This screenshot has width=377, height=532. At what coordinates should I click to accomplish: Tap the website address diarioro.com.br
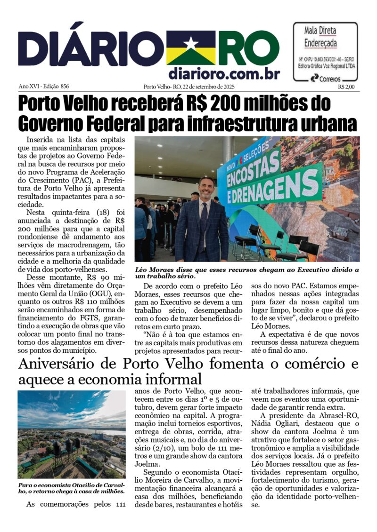point(224,74)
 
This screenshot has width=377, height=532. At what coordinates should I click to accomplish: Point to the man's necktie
point(203,221)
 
